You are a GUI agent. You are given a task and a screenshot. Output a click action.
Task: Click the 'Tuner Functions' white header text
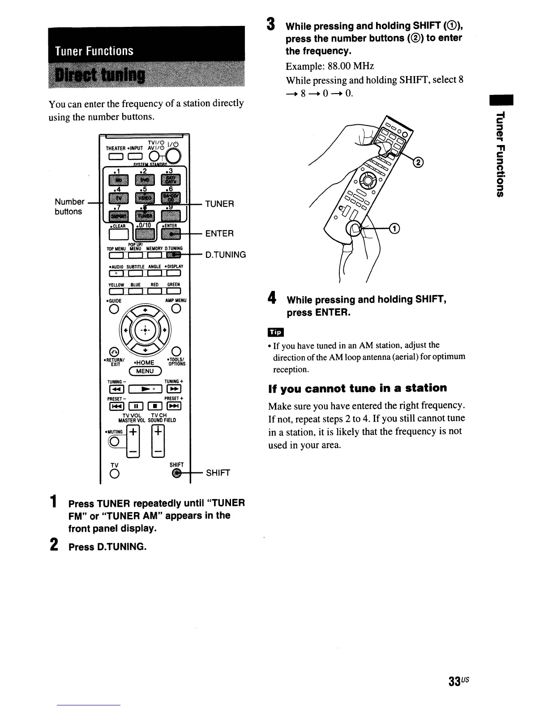pos(94,51)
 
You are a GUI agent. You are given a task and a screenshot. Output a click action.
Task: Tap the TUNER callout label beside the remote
pos(219,204)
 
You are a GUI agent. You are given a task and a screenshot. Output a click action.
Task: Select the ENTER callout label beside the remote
pos(219,234)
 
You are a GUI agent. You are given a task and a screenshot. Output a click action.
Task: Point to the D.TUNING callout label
pos(226,255)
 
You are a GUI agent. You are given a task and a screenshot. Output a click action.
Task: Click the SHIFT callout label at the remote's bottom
pos(218,473)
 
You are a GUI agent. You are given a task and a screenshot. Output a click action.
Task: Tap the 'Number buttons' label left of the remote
pos(69,206)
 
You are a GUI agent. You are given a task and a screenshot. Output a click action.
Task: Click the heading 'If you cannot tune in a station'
pos(357,388)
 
